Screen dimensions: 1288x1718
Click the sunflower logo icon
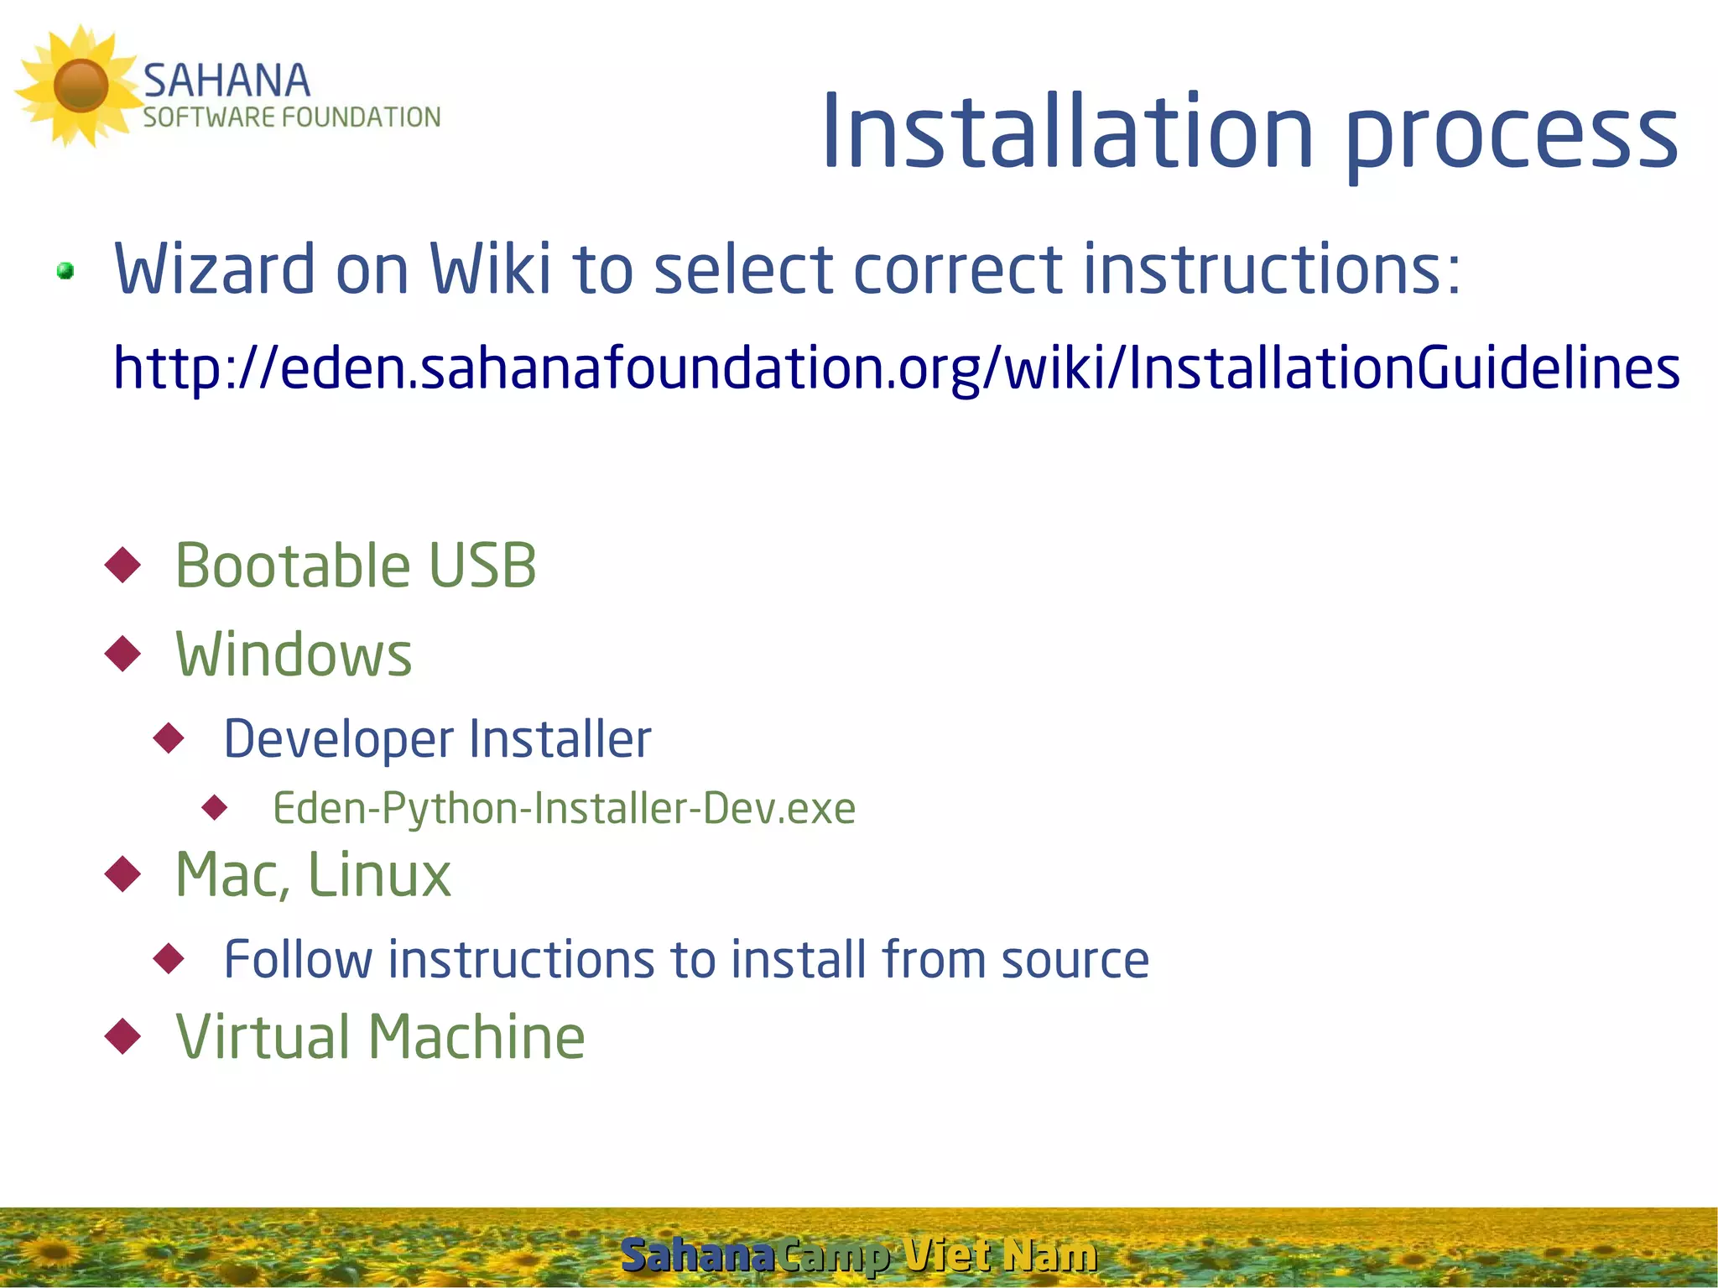80,86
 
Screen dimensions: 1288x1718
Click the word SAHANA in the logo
226,81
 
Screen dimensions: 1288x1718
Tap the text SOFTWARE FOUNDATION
291,117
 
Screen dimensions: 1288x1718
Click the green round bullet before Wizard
65,271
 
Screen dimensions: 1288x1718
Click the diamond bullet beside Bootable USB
123,565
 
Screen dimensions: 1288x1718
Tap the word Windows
294,654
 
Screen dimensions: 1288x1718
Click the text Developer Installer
437,738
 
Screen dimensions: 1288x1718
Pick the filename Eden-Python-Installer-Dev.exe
564,808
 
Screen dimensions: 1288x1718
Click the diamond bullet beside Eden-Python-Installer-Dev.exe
216,808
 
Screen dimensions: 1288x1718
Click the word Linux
379,874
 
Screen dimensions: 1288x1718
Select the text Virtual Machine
380,1036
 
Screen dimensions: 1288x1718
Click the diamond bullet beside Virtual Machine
123,1036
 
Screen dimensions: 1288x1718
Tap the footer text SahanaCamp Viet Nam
858,1255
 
